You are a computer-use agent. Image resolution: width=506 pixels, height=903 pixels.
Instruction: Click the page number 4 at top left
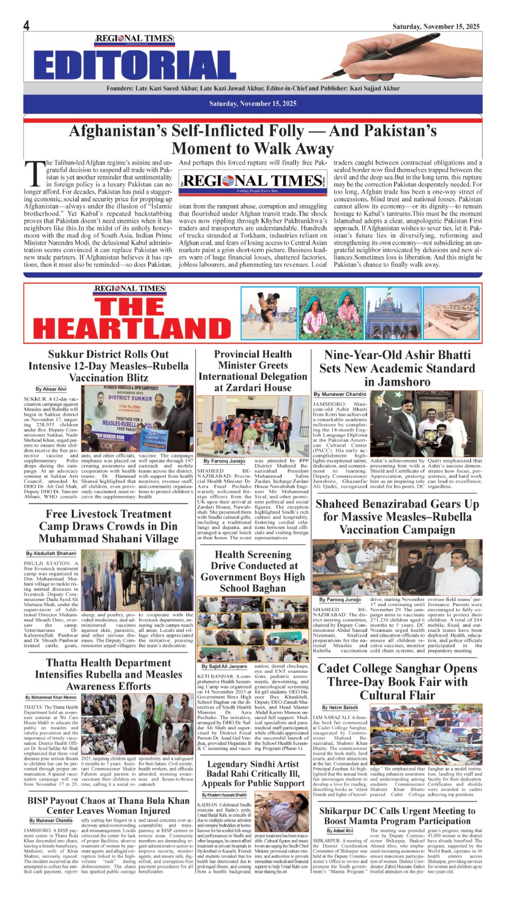[26, 26]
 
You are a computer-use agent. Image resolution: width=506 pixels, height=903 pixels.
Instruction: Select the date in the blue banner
[252, 103]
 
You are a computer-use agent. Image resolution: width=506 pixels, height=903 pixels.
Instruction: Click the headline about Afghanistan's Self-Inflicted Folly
[253, 139]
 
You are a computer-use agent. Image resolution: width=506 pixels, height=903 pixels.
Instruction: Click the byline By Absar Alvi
[51, 389]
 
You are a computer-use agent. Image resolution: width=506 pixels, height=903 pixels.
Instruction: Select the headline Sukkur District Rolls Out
[108, 366]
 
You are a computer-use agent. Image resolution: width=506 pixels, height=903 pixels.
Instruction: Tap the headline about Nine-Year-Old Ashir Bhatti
[397, 368]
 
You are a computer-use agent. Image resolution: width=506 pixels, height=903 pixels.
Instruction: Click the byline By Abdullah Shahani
[51, 554]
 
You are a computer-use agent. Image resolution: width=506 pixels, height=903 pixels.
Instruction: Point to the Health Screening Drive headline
[252, 571]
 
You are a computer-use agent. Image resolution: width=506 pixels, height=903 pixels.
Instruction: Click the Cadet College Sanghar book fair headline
[397, 682]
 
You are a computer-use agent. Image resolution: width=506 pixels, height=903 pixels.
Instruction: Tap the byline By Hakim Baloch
[340, 707]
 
